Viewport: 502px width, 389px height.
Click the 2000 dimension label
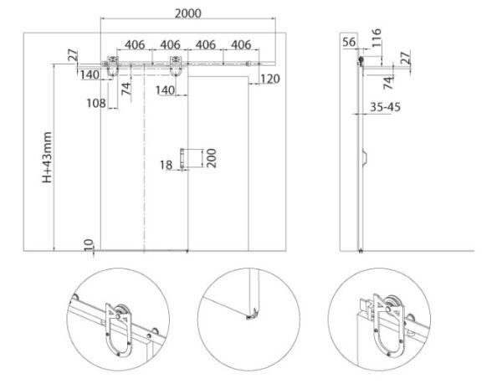[x=188, y=13]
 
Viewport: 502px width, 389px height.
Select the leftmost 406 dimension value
[x=135, y=45]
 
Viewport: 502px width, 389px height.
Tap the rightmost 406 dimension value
[x=241, y=45]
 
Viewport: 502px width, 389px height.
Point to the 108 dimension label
[x=96, y=103]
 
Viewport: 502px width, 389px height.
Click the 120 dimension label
[x=270, y=79]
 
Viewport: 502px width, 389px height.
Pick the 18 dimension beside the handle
[x=166, y=165]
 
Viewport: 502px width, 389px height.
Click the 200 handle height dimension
[x=212, y=158]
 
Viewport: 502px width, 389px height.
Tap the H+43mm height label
[x=47, y=157]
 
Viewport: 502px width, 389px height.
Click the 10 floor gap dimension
[x=89, y=245]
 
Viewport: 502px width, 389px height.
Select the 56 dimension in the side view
[x=349, y=42]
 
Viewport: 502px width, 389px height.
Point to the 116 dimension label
[x=376, y=38]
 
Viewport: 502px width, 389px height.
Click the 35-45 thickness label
[x=385, y=107]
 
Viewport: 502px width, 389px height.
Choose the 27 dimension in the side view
[x=405, y=58]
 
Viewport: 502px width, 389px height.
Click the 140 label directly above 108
[x=90, y=74]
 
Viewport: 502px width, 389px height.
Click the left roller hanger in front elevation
[x=112, y=66]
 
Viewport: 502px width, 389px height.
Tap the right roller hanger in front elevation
[x=176, y=66]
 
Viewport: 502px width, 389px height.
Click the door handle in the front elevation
[x=182, y=158]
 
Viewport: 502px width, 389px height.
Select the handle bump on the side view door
[x=365, y=157]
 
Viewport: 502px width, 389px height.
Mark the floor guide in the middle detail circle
[x=252, y=315]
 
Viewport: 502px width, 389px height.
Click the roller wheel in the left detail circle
[x=121, y=312]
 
